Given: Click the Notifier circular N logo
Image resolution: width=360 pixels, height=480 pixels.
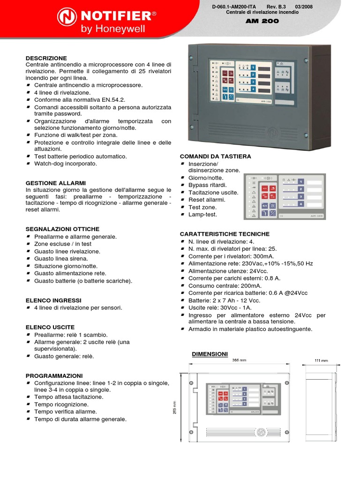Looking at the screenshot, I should (67, 18).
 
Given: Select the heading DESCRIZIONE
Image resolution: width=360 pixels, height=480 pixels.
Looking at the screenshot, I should (46, 58).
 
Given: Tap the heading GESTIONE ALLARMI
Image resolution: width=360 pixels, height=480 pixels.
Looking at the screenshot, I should (56, 182).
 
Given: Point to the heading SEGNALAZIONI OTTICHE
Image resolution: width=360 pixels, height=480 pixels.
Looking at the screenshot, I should (62, 229).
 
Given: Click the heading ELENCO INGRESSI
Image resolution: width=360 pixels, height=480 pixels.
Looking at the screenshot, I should (53, 300).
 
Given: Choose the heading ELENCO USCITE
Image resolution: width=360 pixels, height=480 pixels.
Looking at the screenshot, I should (50, 327).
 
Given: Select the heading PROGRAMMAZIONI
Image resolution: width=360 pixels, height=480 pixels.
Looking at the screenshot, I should (54, 376).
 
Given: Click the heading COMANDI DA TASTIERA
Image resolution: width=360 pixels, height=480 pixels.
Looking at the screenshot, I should (215, 156).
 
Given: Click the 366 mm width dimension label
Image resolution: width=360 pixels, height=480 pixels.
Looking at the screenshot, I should (239, 360).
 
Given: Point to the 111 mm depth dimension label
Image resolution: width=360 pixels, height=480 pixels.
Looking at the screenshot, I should (322, 360).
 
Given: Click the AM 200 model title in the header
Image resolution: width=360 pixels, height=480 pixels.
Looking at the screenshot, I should (262, 21).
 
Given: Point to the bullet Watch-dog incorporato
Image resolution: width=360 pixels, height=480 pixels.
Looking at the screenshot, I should (66, 164).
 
